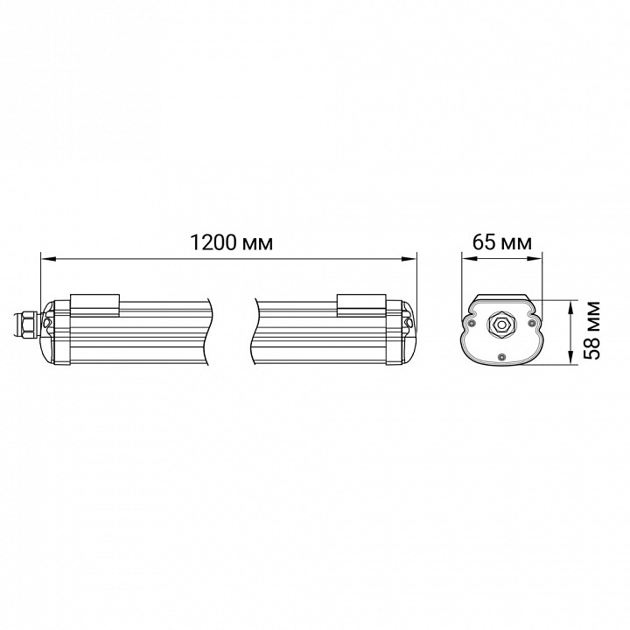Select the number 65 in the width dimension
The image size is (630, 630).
click(483, 242)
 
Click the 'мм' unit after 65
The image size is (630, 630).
click(514, 242)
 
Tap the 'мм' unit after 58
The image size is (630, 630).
click(593, 315)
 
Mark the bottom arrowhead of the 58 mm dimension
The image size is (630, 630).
click(571, 362)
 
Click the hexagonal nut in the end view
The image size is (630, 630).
click(501, 323)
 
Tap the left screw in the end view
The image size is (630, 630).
click(472, 323)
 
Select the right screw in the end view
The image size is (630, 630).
click(530, 323)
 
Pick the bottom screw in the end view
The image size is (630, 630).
click(501, 356)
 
